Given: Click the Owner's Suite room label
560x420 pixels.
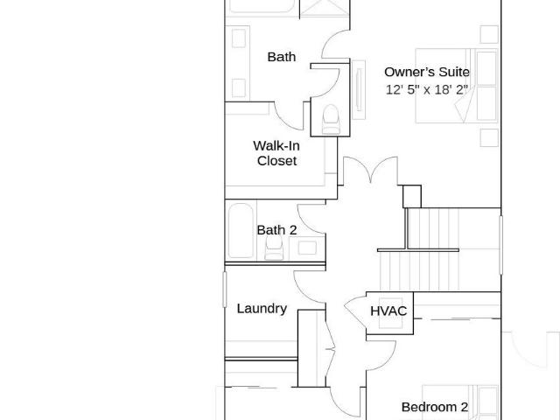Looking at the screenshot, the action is tap(427, 72).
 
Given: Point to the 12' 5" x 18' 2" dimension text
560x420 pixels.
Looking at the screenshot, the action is tap(427, 89).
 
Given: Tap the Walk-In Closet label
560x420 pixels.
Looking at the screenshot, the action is tap(276, 153).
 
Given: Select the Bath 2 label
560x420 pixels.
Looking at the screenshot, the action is tap(276, 229).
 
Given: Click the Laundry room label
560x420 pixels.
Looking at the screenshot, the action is tap(262, 309).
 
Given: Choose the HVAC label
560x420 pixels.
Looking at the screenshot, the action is tap(388, 311).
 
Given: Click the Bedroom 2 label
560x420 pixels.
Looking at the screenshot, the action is tap(435, 407).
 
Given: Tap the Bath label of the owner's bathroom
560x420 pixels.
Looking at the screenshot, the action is tap(282, 57).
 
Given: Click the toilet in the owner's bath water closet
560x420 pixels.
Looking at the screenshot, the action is tap(331, 119).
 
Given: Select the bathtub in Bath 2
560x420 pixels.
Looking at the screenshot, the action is tap(241, 231).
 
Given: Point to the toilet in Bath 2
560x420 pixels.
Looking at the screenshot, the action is tap(274, 248).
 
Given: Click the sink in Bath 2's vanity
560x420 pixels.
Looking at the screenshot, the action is tap(307, 248).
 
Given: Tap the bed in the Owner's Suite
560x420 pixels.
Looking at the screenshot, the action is tap(457, 86).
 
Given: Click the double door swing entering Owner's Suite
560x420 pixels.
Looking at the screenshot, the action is tap(370, 171).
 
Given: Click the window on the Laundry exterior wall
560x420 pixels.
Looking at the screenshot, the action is tap(225, 290).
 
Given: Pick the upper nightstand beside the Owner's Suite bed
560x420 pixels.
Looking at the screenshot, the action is tap(489, 34).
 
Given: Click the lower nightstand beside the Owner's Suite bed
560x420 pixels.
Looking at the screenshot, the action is tap(489, 137).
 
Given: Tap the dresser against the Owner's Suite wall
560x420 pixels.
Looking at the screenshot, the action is tap(359, 89).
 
